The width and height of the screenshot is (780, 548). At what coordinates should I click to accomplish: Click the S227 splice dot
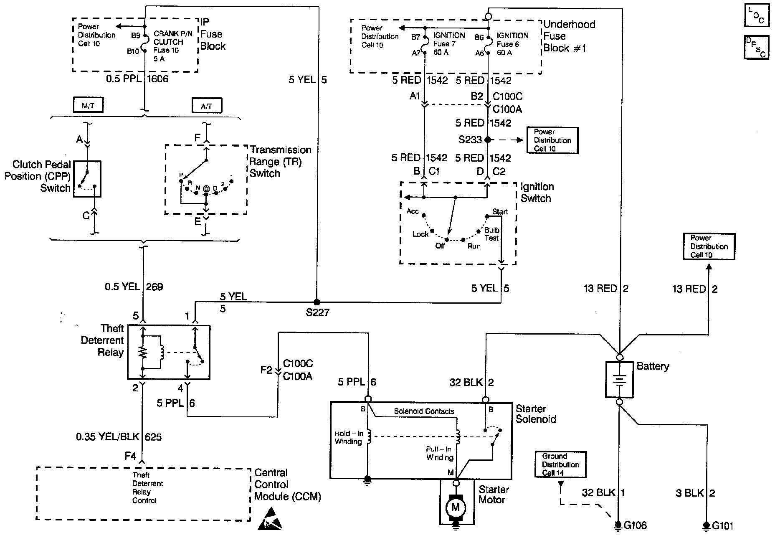[317, 302]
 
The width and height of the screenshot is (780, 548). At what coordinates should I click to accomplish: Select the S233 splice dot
[488, 140]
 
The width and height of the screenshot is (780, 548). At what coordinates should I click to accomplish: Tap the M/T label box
[88, 106]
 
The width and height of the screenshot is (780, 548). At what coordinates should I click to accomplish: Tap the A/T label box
[207, 106]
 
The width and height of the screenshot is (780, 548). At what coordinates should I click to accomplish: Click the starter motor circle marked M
[456, 507]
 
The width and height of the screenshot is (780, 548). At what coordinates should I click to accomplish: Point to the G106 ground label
[635, 525]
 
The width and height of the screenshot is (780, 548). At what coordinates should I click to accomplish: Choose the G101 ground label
[722, 526]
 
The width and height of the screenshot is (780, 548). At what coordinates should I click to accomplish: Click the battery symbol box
[620, 379]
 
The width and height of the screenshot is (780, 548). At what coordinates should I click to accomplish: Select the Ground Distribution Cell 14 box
[560, 464]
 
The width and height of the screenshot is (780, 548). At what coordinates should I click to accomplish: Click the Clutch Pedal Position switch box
[87, 179]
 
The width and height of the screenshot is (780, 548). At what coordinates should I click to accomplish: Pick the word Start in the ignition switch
[500, 212]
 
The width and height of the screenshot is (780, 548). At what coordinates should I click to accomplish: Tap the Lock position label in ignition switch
[420, 234]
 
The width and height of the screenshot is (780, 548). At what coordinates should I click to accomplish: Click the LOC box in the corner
[756, 15]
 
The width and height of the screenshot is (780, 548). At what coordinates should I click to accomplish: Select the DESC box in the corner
[756, 48]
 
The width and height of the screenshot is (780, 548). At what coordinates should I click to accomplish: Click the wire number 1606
[157, 79]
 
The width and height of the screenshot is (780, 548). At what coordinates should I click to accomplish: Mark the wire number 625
[153, 437]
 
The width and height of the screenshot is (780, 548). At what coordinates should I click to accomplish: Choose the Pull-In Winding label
[439, 453]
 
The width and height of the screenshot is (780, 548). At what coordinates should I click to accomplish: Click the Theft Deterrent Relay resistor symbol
[143, 352]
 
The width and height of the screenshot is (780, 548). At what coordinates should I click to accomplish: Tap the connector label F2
[266, 370]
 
